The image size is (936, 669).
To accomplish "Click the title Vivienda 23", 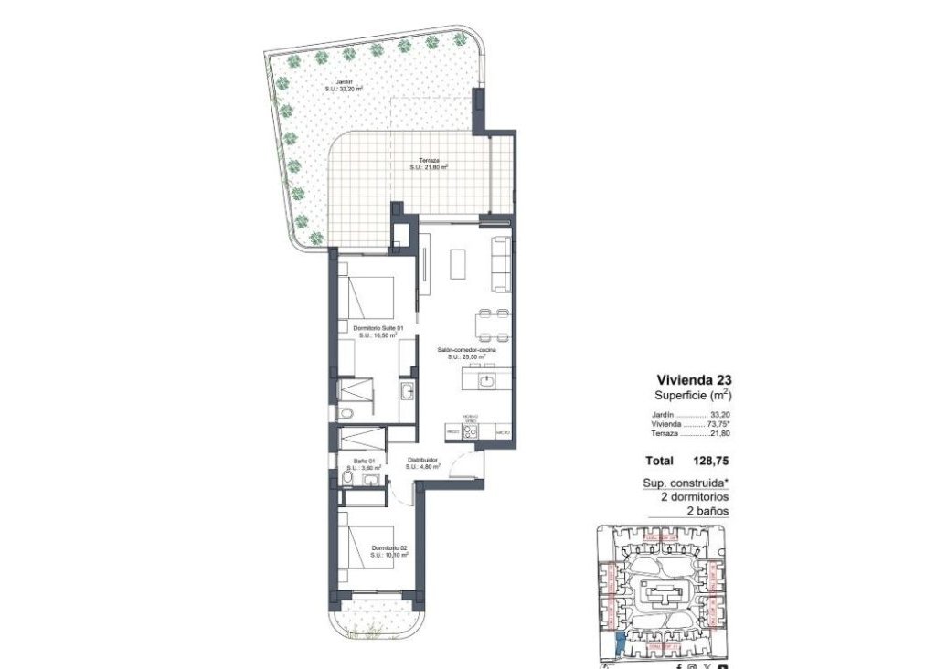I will coord(694,379).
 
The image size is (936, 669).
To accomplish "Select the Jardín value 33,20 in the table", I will coord(721,413).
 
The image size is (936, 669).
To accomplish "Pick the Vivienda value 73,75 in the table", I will coord(719,424).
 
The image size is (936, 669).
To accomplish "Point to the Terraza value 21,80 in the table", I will coord(721,434).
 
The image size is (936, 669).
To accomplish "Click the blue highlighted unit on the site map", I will coord(621,644).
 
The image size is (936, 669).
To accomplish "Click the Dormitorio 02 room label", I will coord(388,548).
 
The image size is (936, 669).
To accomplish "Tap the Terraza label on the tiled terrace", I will coord(427,162).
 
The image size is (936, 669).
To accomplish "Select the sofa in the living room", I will coord(502,264).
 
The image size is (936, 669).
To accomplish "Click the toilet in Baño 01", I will coord(347,478).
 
